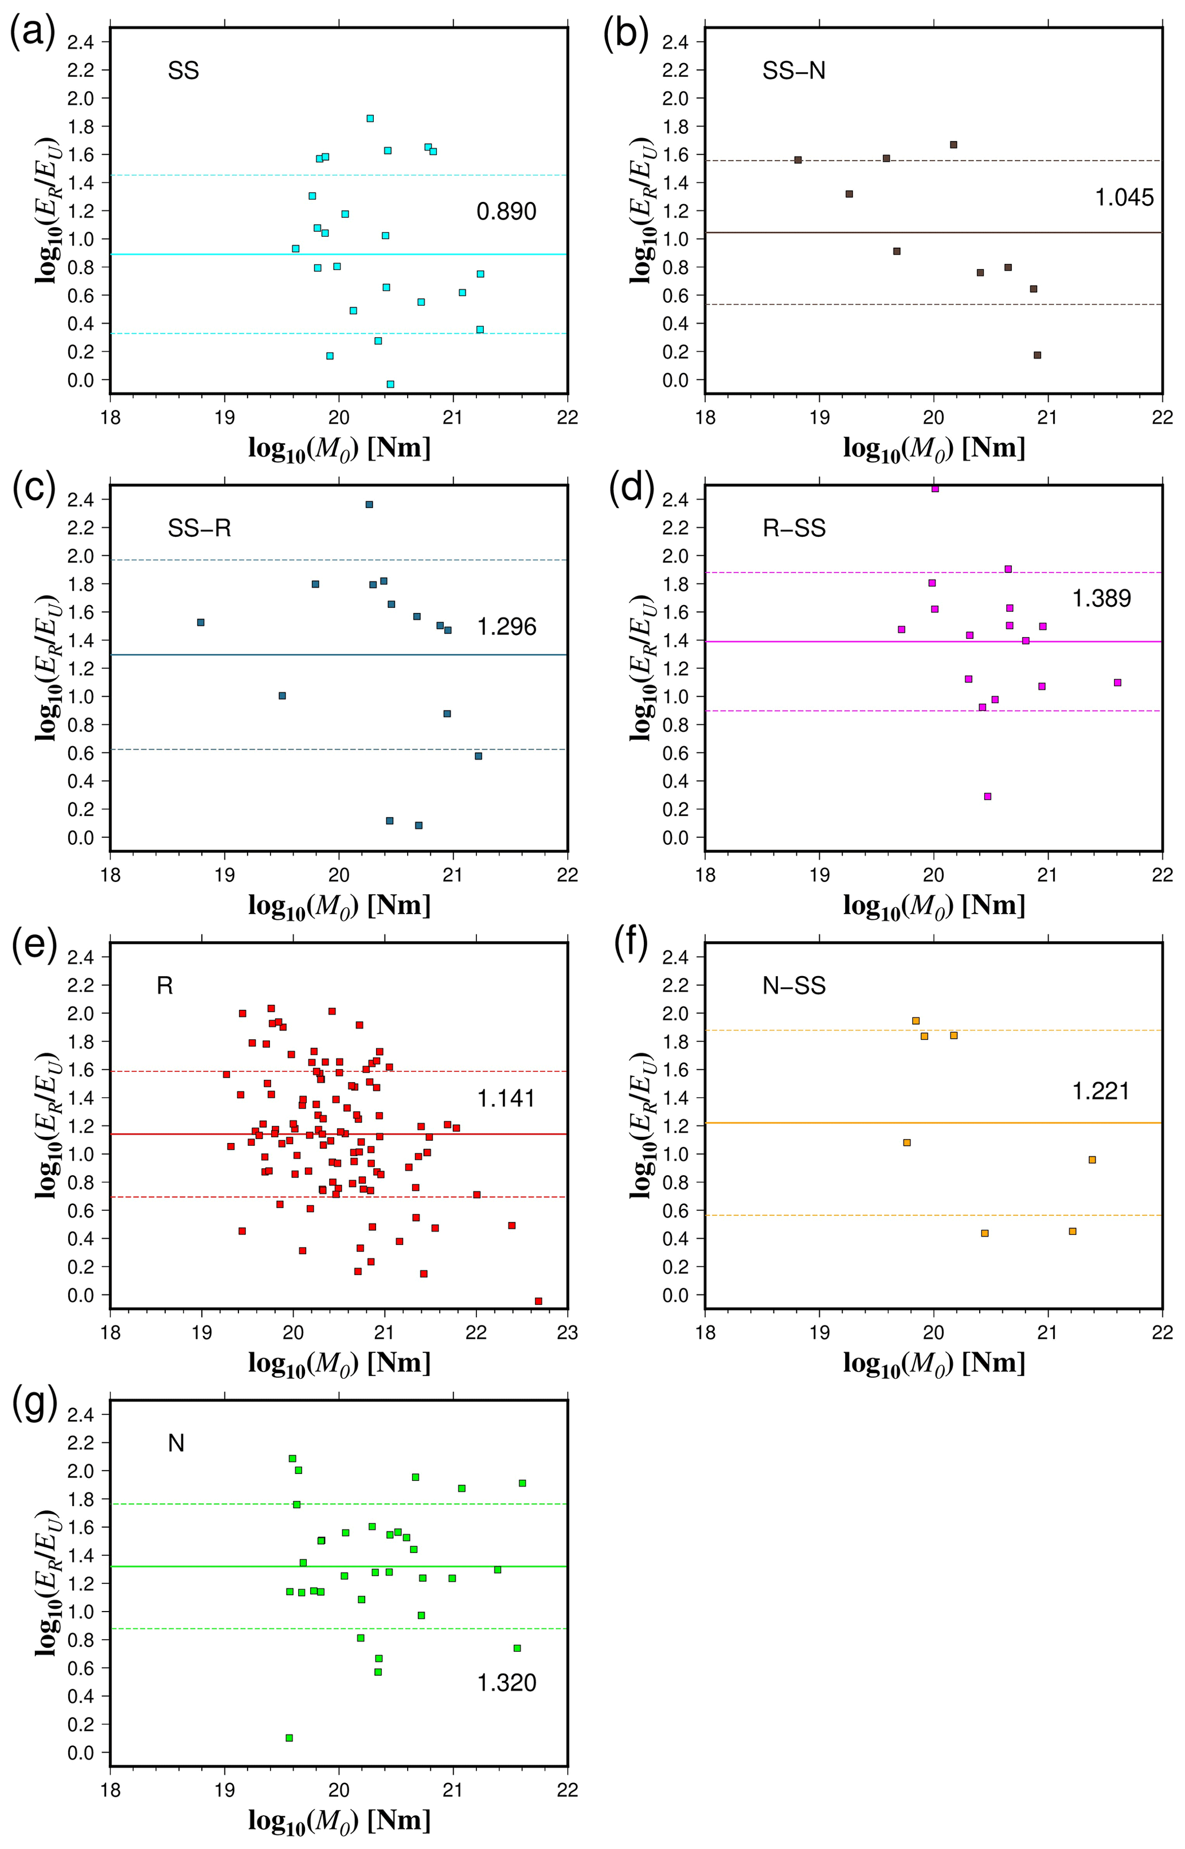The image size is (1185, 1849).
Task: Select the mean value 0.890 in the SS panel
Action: point(506,212)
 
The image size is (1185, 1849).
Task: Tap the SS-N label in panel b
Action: point(793,71)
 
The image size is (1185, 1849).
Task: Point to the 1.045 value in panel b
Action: point(1124,198)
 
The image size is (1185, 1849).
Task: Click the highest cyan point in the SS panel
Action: point(370,119)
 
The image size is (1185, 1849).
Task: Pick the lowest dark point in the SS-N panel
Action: point(1037,355)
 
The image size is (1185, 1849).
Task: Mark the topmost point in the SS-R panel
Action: point(369,505)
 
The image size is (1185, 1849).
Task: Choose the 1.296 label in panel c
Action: point(506,627)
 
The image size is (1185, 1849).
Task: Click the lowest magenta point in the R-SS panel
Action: point(987,797)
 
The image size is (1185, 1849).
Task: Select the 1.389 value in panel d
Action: point(1101,598)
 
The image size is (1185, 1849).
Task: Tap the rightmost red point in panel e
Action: point(539,1301)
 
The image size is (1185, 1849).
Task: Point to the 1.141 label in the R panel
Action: point(506,1098)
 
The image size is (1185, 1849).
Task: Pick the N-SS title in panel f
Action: point(793,985)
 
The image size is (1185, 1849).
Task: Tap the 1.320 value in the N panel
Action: point(506,1683)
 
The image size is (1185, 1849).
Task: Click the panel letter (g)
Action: point(32,1406)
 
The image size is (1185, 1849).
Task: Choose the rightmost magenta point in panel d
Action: point(1117,683)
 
